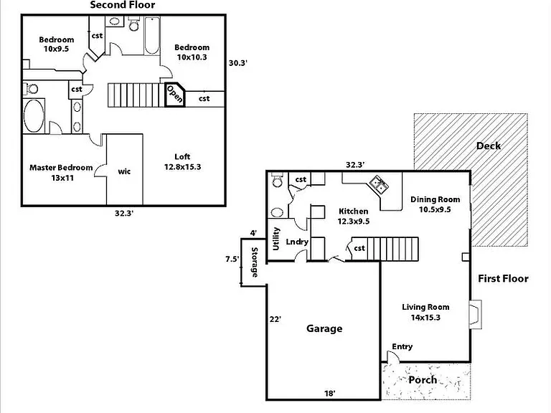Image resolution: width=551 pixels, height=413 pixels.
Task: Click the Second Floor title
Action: [122, 5]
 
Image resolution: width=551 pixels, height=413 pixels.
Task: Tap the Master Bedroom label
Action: [61, 172]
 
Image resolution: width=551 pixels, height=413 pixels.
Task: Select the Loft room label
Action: [183, 161]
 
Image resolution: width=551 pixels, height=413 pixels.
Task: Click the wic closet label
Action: [124, 171]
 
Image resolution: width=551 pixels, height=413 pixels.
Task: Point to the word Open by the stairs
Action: [174, 94]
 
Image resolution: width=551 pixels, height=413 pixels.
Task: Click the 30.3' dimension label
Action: [238, 63]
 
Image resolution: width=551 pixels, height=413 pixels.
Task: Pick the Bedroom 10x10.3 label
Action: [192, 52]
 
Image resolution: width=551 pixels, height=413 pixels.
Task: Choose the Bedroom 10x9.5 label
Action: [56, 44]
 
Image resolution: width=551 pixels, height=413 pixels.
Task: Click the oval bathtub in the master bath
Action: [34, 116]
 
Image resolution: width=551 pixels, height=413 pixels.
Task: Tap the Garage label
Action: [324, 328]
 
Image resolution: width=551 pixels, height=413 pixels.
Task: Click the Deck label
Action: [489, 146]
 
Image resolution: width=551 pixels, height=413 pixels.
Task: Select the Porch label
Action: [423, 379]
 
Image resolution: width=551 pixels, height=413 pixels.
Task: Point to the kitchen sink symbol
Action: [379, 184]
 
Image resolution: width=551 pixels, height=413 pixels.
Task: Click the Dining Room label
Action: [435, 204]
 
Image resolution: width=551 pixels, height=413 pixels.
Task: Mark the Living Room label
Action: [425, 312]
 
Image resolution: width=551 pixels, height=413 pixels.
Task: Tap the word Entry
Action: [402, 346]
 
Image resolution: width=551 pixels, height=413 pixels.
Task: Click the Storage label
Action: [255, 262]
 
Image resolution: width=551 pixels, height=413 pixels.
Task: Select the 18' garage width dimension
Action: [329, 394]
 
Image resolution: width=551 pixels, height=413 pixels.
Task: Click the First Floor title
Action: [503, 278]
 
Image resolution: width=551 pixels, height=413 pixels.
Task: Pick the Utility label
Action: [276, 239]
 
